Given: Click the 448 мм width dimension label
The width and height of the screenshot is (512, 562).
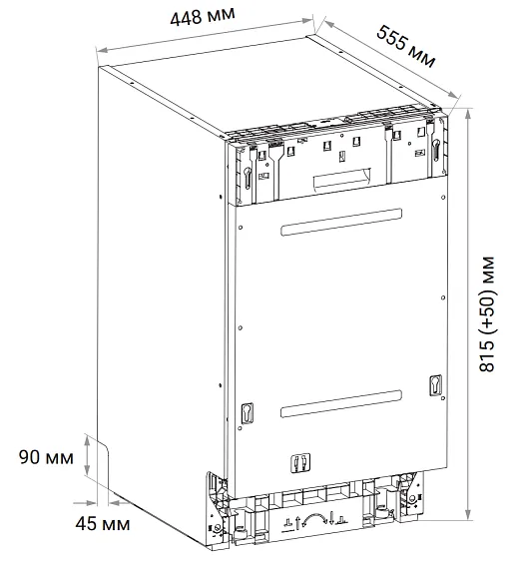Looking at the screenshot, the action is click(203, 17).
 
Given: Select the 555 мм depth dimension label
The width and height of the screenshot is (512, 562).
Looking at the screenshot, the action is click(406, 46).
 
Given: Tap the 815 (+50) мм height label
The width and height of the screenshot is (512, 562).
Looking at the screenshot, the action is click(487, 314).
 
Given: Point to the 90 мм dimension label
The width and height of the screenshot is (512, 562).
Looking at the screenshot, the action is click(46, 457).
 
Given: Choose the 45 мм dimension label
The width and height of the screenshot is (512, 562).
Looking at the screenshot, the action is click(103, 524).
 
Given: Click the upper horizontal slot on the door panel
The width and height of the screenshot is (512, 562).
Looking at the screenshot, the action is click(341, 222).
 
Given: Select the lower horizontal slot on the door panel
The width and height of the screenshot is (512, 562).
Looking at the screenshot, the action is click(340, 403).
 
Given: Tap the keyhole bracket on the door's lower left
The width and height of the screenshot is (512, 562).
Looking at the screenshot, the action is click(248, 413).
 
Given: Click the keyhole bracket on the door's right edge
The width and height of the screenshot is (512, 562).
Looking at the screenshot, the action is click(436, 385).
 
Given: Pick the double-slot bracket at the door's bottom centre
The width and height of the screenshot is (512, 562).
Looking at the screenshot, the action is click(300, 463).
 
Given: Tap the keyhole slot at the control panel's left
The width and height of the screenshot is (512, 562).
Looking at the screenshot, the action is click(248, 178).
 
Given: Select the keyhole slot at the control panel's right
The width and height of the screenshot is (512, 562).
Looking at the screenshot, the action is click(436, 150).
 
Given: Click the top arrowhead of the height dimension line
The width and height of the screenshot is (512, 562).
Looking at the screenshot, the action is click(468, 114).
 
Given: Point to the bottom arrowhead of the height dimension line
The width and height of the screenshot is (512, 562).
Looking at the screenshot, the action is click(468, 514).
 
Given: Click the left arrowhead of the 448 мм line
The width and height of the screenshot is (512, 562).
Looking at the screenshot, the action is click(101, 51).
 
